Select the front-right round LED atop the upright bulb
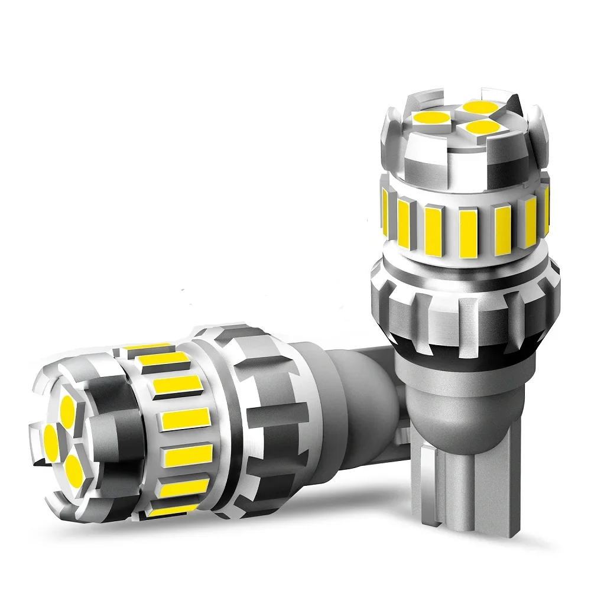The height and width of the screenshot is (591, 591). click(x=479, y=126)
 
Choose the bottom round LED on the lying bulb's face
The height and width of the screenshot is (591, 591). click(x=74, y=468)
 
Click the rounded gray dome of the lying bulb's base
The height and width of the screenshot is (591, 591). click(x=331, y=402)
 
